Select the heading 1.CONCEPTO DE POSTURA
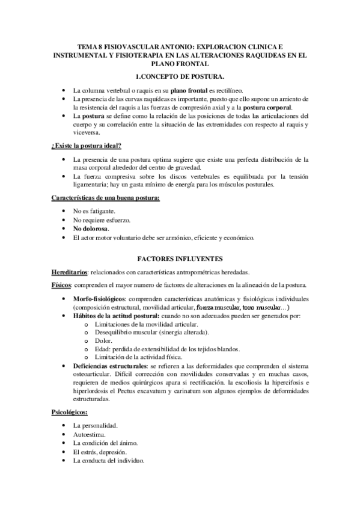tap(180, 77)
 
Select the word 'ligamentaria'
tap(91, 185)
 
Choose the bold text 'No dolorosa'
tap(91, 229)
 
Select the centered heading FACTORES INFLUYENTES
tap(180, 258)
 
